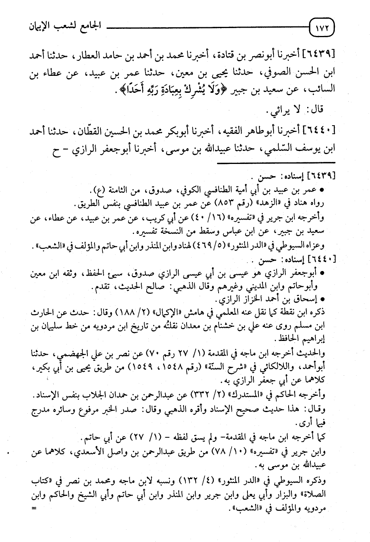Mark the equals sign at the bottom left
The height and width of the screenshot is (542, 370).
click(34, 508)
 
